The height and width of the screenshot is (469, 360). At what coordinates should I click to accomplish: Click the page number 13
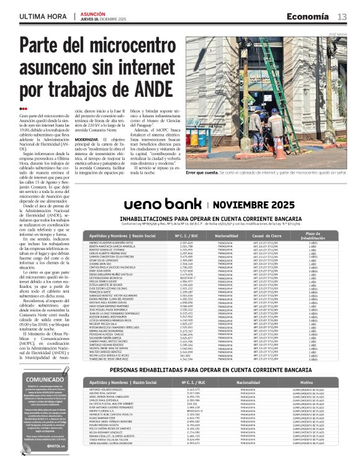point(342,17)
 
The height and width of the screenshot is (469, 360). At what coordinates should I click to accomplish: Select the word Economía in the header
point(309,17)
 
